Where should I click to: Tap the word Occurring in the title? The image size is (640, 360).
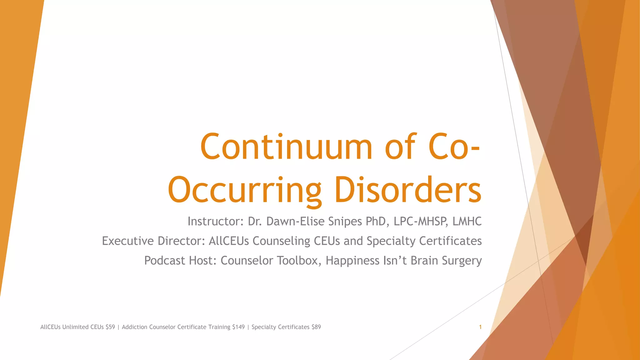[x=245, y=190]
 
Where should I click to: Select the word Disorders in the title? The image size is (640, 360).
[x=408, y=189]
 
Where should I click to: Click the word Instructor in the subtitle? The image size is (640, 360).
[x=214, y=221]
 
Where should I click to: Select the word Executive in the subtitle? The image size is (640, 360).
[x=128, y=241]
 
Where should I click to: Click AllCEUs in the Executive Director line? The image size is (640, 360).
[x=229, y=241]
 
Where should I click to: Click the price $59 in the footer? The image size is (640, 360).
[x=110, y=327]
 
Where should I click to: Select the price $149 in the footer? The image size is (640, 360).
[x=238, y=327]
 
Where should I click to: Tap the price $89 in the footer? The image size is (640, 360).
[x=316, y=327]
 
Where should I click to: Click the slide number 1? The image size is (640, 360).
[x=480, y=327]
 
